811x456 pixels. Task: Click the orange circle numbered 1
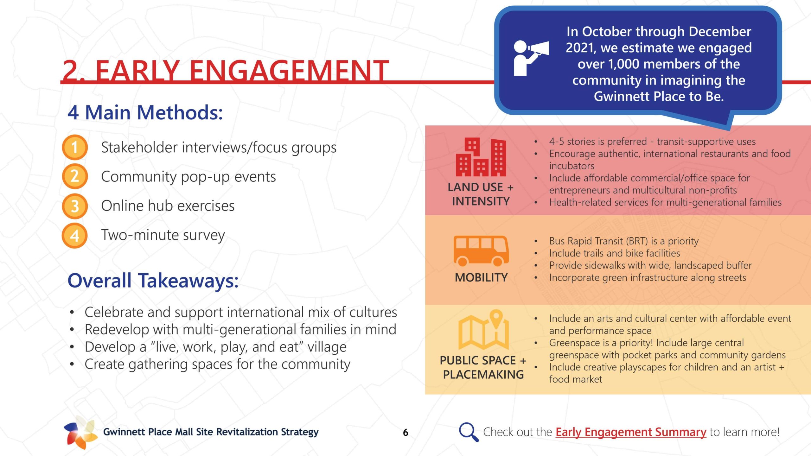75,147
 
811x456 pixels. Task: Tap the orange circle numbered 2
75,176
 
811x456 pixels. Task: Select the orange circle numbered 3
75,206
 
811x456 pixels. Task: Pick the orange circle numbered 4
75,235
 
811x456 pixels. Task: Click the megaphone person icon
531,58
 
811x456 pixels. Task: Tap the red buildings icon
481,157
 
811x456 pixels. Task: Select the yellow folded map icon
483,329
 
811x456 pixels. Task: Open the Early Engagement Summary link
631,432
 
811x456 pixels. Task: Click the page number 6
405,433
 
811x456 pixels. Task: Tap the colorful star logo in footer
80,432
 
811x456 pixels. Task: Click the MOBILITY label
481,277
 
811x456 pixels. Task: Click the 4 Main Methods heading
145,112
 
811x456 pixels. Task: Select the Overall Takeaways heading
153,281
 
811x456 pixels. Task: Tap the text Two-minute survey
163,235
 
